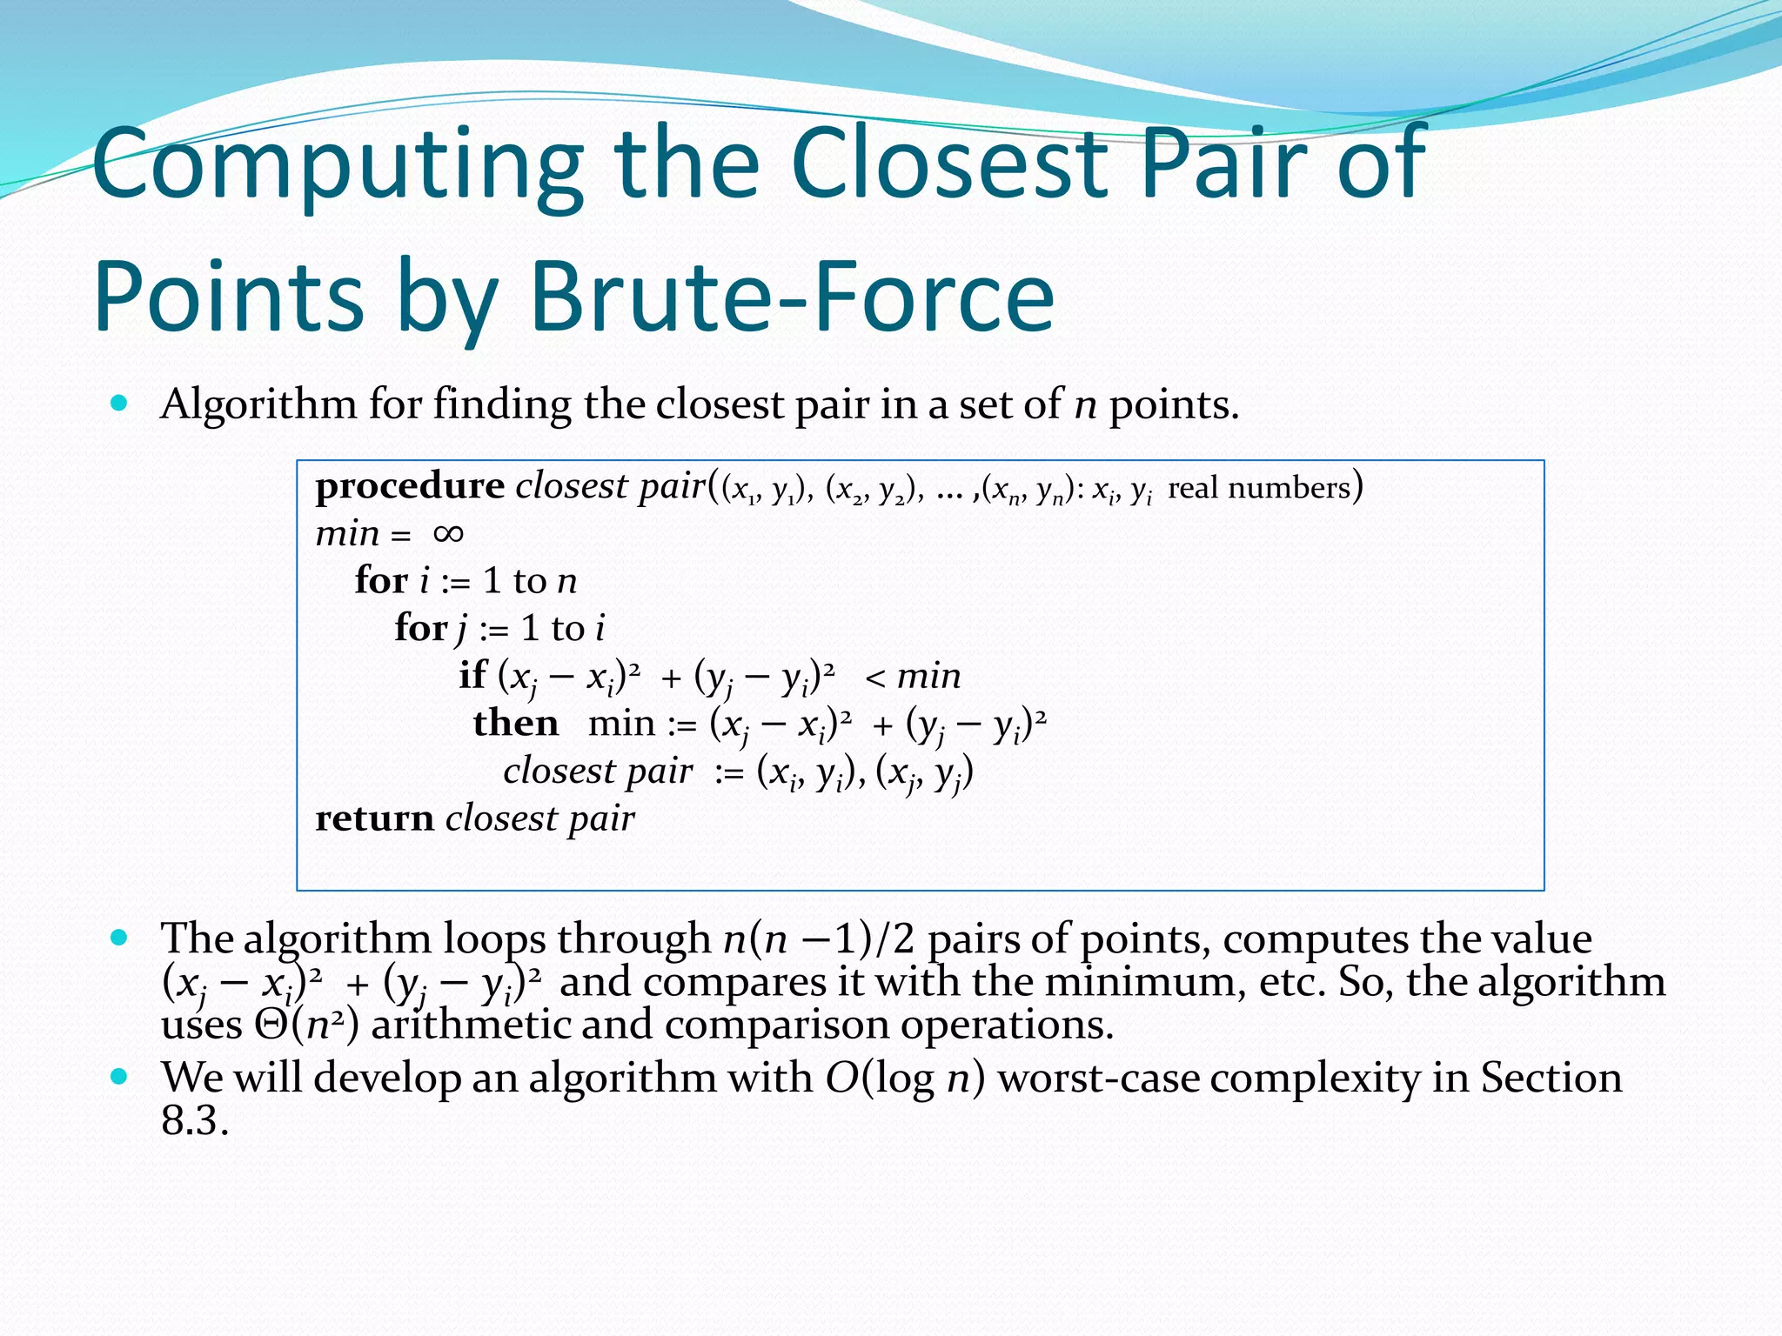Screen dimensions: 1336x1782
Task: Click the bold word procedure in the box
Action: click(x=410, y=486)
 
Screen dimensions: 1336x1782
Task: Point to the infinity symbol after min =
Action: click(x=448, y=533)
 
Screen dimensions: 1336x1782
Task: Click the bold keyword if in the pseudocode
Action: click(x=472, y=675)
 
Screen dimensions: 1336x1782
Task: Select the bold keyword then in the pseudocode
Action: click(x=516, y=723)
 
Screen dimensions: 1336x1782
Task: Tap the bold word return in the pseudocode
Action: click(x=374, y=818)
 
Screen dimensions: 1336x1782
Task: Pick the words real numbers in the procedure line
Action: click(x=1258, y=488)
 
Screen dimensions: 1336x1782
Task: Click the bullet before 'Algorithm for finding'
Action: click(x=120, y=404)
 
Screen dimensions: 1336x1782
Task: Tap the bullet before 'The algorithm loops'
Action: click(x=120, y=938)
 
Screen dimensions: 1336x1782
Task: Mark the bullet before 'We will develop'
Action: click(x=120, y=1077)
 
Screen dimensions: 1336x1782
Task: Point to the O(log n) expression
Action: click(x=905, y=1079)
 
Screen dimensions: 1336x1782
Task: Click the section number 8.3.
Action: click(x=194, y=1121)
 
